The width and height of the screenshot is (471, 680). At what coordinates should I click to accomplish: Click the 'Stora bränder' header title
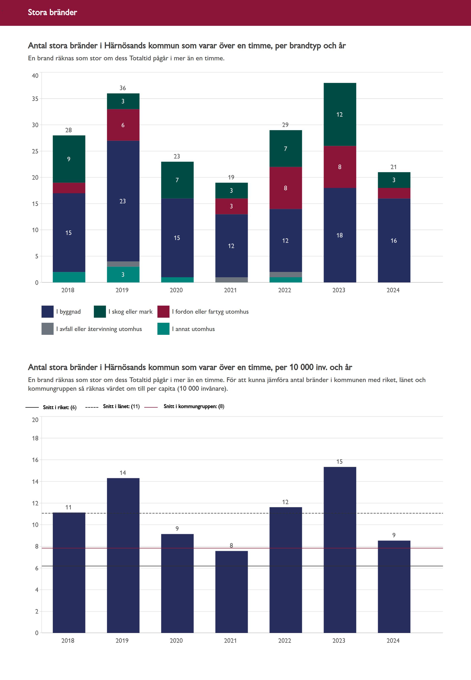(x=52, y=12)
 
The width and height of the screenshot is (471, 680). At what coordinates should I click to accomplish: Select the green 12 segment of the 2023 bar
(x=340, y=114)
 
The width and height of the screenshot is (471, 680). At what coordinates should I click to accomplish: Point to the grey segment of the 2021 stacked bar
(x=231, y=280)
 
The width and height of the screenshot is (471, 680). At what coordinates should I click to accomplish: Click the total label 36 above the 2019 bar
(x=123, y=88)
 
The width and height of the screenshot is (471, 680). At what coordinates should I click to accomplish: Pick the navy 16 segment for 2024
(x=394, y=240)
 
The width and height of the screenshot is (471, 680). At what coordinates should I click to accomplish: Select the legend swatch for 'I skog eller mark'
(x=100, y=312)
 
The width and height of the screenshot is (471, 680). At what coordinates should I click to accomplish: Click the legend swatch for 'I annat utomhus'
(x=163, y=329)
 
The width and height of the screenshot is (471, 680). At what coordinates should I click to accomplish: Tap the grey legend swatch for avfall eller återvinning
(x=47, y=329)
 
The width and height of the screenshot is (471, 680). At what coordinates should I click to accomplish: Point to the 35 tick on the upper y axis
(x=35, y=99)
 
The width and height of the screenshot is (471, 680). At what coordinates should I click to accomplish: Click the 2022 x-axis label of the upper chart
(x=285, y=290)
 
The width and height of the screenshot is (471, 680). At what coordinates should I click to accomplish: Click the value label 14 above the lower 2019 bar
(x=123, y=473)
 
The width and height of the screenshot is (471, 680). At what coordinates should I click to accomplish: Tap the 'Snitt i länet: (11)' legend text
(x=121, y=407)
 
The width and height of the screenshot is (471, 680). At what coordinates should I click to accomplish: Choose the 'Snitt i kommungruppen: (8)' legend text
(x=194, y=407)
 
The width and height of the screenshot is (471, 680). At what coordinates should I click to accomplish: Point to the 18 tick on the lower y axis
(x=35, y=438)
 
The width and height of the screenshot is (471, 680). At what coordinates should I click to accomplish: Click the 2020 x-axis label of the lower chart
(x=176, y=640)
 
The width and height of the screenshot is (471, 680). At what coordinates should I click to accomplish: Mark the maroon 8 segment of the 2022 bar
(x=285, y=188)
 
